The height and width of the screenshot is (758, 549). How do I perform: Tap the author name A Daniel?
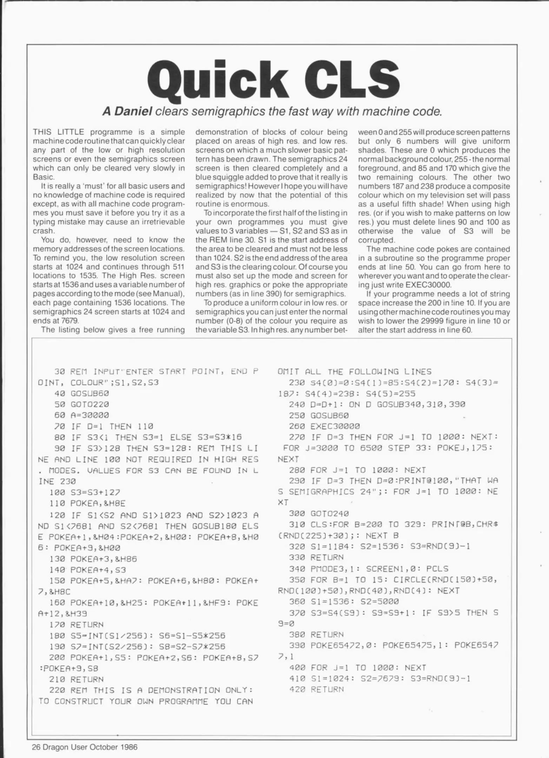(127, 112)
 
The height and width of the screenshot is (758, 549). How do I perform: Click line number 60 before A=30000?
(60, 415)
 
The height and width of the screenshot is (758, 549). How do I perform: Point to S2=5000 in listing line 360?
(378, 601)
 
